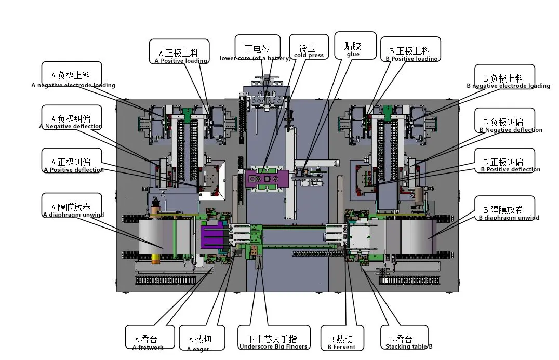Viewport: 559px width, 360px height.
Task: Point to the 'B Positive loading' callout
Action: pos(410,52)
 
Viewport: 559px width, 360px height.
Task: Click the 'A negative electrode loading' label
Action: pos(73,77)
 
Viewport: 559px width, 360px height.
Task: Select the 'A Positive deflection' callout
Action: pos(73,164)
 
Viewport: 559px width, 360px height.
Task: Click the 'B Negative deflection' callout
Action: pos(504,124)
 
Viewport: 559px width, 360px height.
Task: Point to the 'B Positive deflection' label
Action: pos(504,165)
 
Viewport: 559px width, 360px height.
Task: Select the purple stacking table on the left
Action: pos(213,234)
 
